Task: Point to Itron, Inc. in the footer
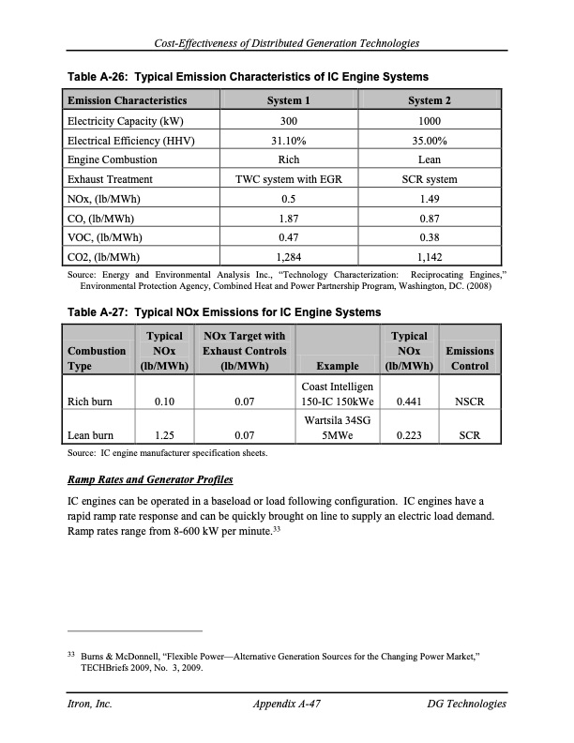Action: pos(87,704)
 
